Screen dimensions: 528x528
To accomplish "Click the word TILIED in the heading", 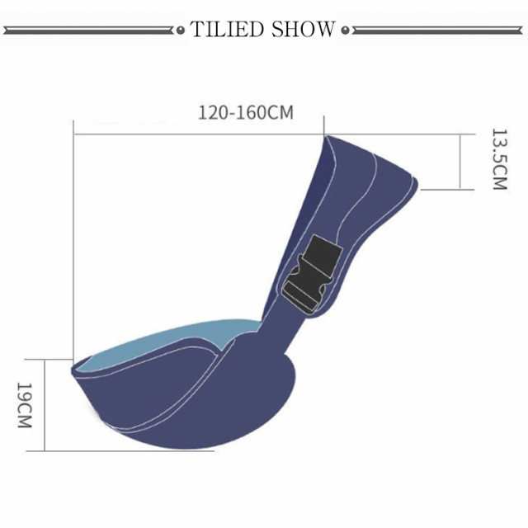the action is [x=227, y=30].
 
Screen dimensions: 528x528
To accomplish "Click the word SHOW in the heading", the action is [x=303, y=30].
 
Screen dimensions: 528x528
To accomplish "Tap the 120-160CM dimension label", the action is [x=246, y=112].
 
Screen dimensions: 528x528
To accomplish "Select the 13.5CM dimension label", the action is [x=499, y=159].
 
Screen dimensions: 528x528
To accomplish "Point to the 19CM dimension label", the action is [x=24, y=405].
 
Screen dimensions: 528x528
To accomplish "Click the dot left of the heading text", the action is [x=181, y=31].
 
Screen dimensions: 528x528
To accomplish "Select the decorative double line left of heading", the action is [x=88, y=31].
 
